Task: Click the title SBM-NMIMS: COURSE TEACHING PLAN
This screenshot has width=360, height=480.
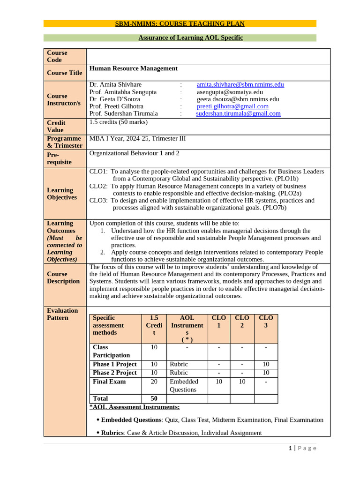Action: [180, 24]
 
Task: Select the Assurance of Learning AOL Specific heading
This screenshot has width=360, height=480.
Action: [190, 37]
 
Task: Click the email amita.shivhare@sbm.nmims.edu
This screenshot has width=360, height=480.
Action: [240, 85]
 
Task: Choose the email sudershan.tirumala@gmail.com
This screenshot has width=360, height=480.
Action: [238, 113]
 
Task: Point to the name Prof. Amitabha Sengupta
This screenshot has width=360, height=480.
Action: [123, 92]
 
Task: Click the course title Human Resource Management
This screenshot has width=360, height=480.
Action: [133, 68]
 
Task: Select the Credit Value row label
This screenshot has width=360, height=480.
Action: [56, 126]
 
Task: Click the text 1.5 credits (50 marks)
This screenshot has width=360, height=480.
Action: [118, 122]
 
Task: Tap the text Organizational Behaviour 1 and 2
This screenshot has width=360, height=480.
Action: [134, 153]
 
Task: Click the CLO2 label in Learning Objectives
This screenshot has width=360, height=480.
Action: [98, 186]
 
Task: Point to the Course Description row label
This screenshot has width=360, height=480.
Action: [63, 277]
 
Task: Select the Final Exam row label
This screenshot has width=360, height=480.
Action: [109, 382]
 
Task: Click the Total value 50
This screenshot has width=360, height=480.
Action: [154, 398]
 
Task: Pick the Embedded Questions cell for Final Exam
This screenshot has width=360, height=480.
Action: [184, 385]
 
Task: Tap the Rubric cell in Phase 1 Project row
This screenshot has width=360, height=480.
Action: [179, 364]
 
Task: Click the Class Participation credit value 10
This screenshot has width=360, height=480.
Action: [154, 347]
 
